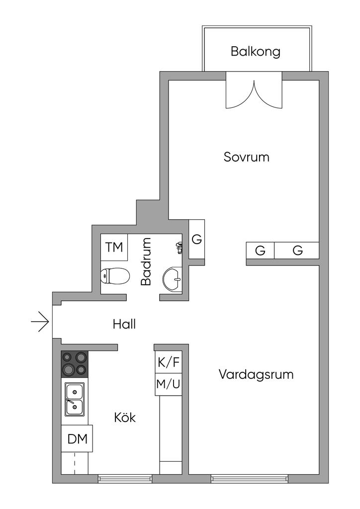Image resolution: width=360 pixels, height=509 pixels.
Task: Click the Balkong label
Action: pyautogui.click(x=256, y=51)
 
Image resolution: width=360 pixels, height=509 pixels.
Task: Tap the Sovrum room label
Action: pyautogui.click(x=246, y=158)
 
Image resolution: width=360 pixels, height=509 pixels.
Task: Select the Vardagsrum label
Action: pyautogui.click(x=256, y=374)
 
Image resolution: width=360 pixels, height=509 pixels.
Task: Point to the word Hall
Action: pyautogui.click(x=124, y=324)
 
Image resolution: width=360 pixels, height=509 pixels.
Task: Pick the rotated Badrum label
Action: pyautogui.click(x=146, y=261)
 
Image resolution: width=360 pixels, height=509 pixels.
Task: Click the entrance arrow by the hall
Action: pyautogui.click(x=40, y=323)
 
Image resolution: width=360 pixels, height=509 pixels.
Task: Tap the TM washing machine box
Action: pyautogui.click(x=114, y=247)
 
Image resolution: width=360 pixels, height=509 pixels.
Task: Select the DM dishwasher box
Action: pyautogui.click(x=77, y=439)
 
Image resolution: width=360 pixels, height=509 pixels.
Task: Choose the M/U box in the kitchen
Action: pyautogui.click(x=169, y=384)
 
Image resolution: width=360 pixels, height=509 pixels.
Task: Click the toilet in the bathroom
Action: pyautogui.click(x=113, y=276)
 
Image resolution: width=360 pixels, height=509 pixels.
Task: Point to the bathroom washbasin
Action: pyautogui.click(x=174, y=279)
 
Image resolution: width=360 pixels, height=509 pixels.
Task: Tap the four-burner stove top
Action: pyautogui.click(x=75, y=364)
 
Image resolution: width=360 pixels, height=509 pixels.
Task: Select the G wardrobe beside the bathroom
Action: pyautogui.click(x=197, y=239)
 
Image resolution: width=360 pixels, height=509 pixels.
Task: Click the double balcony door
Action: pyautogui.click(x=254, y=90)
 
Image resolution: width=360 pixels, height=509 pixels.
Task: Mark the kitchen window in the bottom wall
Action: pyautogui.click(x=125, y=479)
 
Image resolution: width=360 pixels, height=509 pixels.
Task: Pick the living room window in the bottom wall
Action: pyautogui.click(x=250, y=479)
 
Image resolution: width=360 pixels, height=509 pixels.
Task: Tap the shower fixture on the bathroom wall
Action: pyautogui.click(x=180, y=247)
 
